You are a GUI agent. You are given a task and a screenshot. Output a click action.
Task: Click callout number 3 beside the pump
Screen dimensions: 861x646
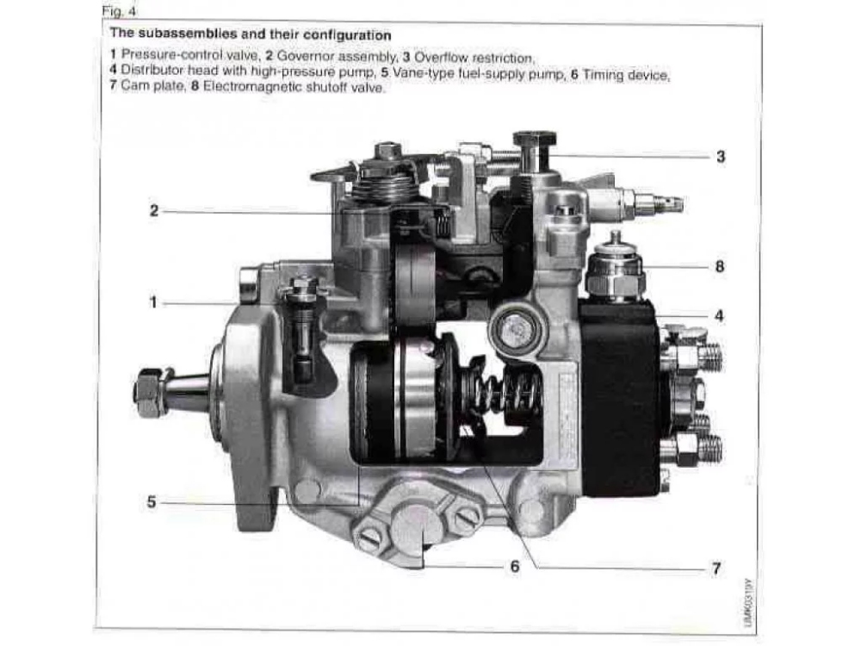[721, 157]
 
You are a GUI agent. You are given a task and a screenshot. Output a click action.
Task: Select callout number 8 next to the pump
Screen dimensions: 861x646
[720, 267]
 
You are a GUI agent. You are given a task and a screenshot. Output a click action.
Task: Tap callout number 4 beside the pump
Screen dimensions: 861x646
[719, 316]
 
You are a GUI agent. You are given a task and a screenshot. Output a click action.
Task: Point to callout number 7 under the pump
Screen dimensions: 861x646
[716, 568]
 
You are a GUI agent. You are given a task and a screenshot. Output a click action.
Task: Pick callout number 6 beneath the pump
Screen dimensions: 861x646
[515, 567]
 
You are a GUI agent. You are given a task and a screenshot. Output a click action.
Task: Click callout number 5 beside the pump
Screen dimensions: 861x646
[152, 502]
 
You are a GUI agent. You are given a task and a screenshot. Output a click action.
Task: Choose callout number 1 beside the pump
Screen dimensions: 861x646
[153, 302]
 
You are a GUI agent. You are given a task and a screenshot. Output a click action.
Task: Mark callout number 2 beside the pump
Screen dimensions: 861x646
[154, 211]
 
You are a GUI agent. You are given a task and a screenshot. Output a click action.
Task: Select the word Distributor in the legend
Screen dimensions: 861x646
[152, 71]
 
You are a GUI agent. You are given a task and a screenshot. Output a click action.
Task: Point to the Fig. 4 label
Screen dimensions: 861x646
[119, 11]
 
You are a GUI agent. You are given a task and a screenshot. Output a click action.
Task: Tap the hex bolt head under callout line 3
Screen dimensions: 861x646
[535, 139]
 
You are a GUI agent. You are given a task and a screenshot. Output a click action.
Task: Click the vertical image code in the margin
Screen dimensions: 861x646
[748, 601]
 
